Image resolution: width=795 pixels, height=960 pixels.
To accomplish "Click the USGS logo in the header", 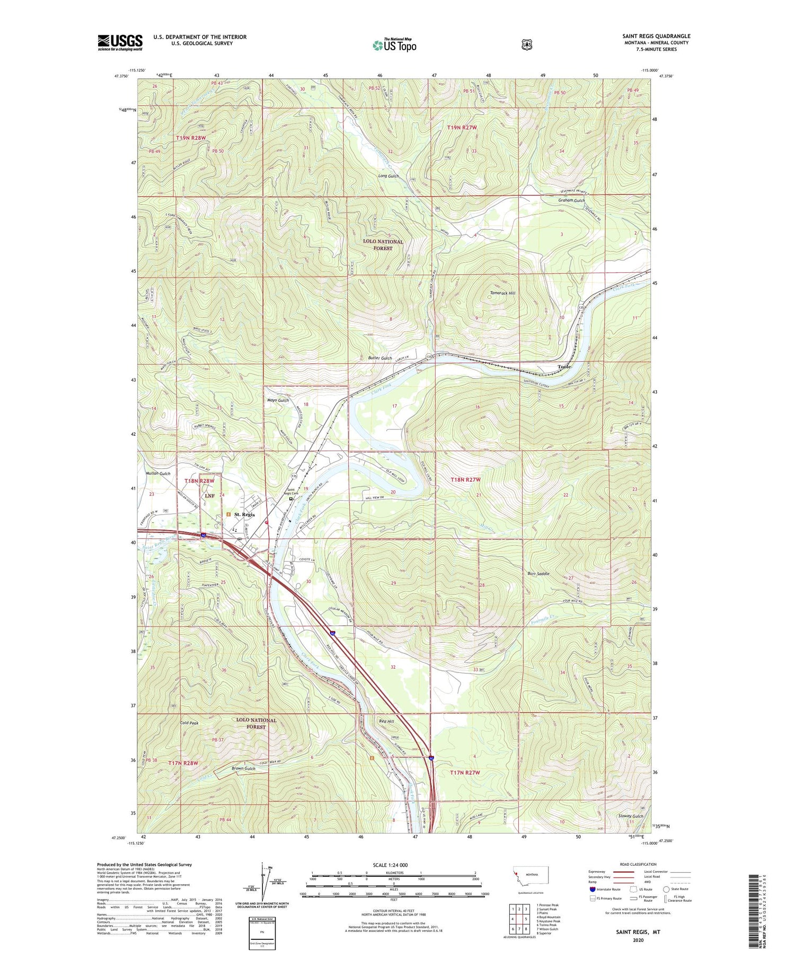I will click(x=120, y=42).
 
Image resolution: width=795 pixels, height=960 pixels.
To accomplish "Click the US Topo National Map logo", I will click(x=394, y=44).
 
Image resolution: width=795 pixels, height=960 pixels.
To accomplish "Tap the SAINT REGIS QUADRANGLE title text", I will click(x=656, y=36).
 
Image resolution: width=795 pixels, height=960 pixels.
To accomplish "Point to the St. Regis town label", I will click(x=244, y=514).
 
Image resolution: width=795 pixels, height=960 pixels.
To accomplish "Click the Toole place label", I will click(x=564, y=366).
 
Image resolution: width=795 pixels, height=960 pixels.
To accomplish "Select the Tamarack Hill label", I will click(x=502, y=293).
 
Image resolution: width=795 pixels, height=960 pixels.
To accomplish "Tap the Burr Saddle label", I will click(x=538, y=573).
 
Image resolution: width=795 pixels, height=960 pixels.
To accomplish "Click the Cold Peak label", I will click(x=189, y=723).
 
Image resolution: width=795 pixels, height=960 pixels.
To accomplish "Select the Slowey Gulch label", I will click(x=630, y=816).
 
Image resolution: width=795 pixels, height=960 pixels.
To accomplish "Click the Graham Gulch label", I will click(x=571, y=201).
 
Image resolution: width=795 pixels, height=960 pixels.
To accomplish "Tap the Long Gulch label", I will click(x=388, y=176).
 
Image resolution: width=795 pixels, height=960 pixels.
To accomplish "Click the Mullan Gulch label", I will click(x=158, y=473).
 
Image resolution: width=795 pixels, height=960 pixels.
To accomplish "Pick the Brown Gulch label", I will click(x=243, y=768).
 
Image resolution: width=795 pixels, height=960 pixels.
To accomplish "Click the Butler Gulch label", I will click(x=380, y=358).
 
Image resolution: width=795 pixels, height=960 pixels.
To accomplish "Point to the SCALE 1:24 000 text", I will click(x=391, y=865).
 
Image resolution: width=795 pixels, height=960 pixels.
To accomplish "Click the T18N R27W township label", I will click(x=465, y=480).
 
